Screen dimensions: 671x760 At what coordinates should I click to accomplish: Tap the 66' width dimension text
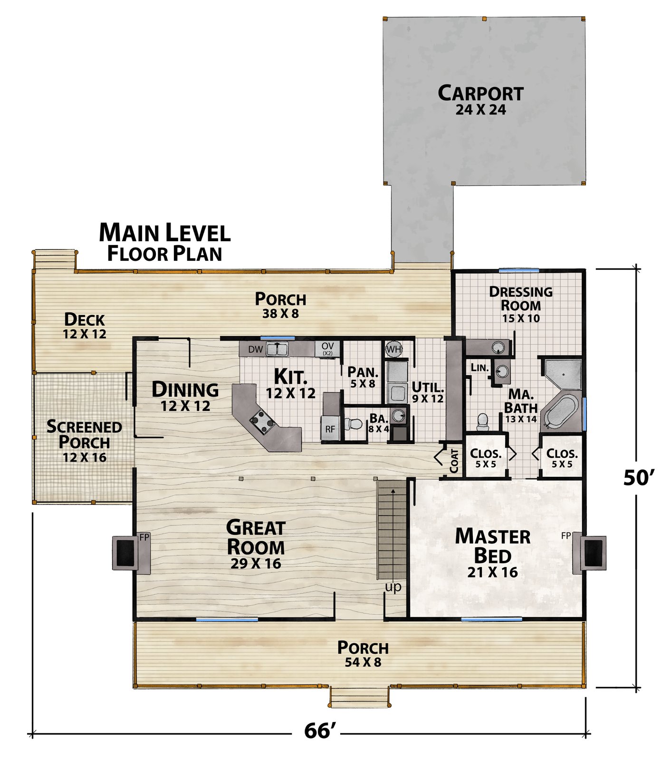coord(321,730)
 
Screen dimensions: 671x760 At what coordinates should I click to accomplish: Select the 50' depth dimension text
coord(639,477)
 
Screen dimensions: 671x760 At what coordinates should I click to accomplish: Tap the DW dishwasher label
coord(256,350)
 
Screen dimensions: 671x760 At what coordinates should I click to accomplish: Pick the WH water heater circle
coord(393,350)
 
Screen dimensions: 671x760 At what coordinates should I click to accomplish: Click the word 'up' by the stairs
coord(393,587)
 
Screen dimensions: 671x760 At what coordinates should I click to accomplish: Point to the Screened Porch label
coord(84,441)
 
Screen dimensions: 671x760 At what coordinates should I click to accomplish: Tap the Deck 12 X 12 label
coord(85,325)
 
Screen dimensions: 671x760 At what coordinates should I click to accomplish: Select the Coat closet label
coord(454,460)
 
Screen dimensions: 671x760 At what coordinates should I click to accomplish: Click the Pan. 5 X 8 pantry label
coord(363,377)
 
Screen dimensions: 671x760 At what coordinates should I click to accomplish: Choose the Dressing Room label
coord(521,304)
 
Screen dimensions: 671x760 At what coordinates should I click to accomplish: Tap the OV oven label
coord(327,349)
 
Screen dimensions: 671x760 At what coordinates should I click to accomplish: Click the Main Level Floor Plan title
coord(164,242)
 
